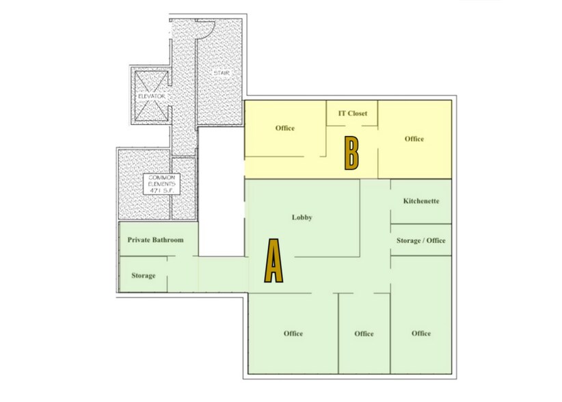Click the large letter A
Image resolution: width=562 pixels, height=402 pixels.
[273, 260]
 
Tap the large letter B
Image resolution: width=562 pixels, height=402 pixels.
[351, 153]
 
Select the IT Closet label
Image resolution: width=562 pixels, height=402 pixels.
[353, 113]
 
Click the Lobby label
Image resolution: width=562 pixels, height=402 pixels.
[302, 217]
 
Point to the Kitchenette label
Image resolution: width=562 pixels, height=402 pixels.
[421, 201]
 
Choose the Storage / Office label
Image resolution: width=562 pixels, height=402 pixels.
[421, 241]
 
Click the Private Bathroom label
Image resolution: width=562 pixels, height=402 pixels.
[155, 240]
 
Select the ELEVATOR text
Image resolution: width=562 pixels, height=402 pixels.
[151, 97]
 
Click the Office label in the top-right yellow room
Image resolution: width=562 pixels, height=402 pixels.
[414, 139]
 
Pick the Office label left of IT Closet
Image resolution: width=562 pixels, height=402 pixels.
[285, 128]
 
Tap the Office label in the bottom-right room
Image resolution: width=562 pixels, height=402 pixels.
[421, 333]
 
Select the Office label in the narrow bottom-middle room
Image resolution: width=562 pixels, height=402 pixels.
[364, 334]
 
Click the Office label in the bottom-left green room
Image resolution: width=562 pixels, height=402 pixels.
[293, 334]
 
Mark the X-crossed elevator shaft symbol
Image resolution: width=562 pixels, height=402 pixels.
[151, 96]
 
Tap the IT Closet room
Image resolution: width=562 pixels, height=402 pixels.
[353, 118]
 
